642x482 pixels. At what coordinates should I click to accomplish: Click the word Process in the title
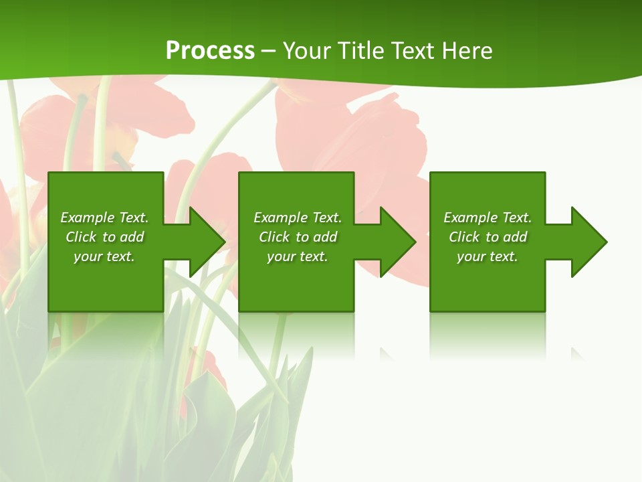coord(210,51)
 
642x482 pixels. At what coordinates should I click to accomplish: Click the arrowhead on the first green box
coord(205,242)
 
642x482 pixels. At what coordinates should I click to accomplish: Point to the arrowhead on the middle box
coord(395,242)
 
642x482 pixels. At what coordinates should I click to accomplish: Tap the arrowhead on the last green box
coord(586,242)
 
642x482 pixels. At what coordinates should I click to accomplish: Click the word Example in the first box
coord(87,218)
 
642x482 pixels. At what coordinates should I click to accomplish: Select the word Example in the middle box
coord(280,218)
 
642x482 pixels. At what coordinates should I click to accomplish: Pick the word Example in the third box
coord(470,218)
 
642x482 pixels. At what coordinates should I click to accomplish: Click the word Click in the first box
coord(81,237)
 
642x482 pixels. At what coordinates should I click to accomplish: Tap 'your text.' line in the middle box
coord(297,256)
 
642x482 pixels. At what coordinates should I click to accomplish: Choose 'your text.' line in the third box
coord(487,256)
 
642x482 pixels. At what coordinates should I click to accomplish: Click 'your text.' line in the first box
coord(104,256)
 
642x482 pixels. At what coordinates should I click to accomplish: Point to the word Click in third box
coord(464,237)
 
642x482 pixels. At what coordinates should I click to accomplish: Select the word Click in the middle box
coord(274,237)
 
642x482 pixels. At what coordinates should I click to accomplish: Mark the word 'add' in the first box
coord(132,237)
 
